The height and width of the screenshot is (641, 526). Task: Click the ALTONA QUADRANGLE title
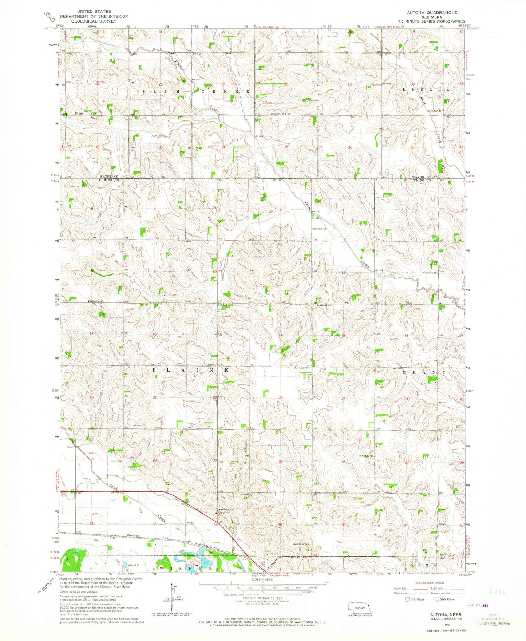pos(432,12)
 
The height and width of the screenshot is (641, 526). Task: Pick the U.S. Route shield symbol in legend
pos(407,599)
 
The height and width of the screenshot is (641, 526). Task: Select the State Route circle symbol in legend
pos(436,599)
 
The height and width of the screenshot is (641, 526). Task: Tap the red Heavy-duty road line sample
pos(415,589)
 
